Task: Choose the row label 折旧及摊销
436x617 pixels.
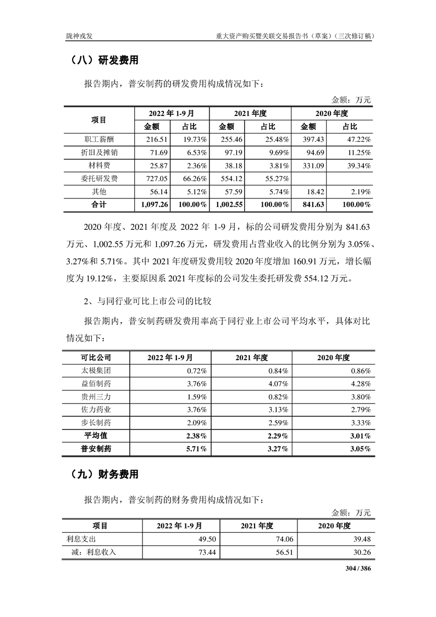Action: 98,153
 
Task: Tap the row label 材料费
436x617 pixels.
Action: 98,166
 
